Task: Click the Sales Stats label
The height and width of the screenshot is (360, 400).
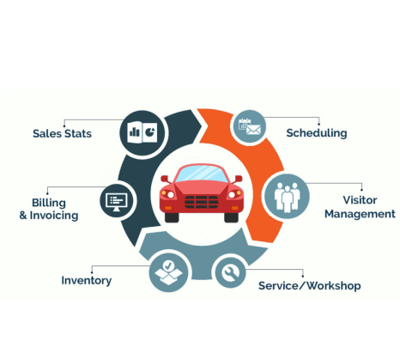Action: (62, 133)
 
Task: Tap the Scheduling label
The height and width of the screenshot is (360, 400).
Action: (317, 133)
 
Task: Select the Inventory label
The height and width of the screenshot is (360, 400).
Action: (87, 280)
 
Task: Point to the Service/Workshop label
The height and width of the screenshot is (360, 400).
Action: (309, 285)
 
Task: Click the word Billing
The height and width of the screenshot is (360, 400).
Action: (49, 203)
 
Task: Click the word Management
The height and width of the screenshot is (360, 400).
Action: (360, 214)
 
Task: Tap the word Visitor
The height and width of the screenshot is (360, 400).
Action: (360, 200)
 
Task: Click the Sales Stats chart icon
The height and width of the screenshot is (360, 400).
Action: (142, 132)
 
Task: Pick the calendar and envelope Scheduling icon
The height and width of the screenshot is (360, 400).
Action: (249, 126)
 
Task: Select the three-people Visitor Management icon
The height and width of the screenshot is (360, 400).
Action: (287, 196)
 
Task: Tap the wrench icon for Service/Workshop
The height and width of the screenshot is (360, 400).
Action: (230, 272)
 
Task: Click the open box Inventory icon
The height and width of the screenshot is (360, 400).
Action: (168, 272)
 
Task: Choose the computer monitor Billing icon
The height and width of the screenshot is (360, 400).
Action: (116, 201)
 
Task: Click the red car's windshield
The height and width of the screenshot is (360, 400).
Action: (201, 174)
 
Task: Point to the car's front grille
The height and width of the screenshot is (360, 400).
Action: (201, 202)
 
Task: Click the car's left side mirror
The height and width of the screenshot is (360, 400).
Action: (165, 179)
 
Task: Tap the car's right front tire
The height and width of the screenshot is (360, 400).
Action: (231, 217)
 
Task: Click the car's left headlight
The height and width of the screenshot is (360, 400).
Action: (167, 194)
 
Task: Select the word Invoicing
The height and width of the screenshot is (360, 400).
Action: (54, 216)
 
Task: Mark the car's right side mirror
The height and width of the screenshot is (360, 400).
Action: (239, 179)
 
